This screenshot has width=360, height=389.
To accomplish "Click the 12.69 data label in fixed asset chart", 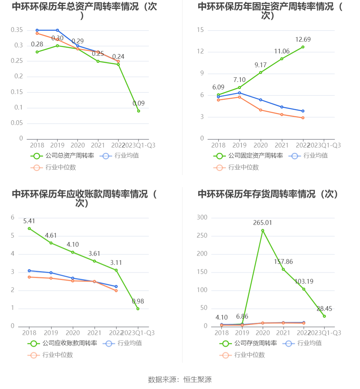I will (x=303, y=40).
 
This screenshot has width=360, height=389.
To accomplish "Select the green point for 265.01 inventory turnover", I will (x=263, y=230).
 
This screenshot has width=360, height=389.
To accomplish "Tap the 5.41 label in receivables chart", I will (x=29, y=221).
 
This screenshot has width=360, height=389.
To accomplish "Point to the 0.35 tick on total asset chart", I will (x=17, y=30).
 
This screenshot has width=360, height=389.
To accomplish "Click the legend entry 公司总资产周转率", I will (x=62, y=156).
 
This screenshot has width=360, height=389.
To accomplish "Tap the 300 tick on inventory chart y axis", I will (x=202, y=217).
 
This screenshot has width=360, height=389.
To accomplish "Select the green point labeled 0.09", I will (x=138, y=111).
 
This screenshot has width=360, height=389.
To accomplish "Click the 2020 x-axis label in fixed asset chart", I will (x=261, y=145).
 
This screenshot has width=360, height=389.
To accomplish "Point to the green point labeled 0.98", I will (x=138, y=309).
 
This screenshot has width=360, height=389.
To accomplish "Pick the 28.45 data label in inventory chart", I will (x=324, y=309).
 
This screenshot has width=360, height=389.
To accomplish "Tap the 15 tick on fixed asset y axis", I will (x=200, y=30).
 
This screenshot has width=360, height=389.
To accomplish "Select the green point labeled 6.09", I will (x=218, y=95).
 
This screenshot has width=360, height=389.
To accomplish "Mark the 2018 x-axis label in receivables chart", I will (x=29, y=333).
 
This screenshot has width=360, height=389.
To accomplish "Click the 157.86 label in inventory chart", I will (x=283, y=262).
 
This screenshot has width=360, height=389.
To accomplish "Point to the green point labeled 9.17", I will (x=261, y=73).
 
